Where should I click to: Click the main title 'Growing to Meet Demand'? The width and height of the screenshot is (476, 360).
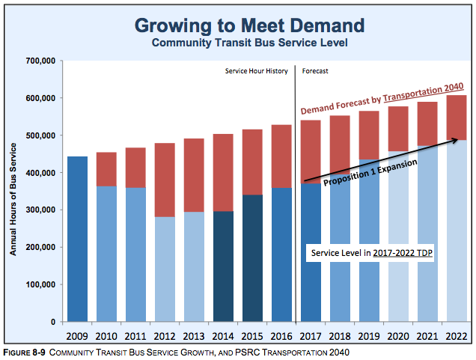[x=249, y=25]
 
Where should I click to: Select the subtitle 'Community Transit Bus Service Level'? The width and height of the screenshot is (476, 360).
[x=249, y=43]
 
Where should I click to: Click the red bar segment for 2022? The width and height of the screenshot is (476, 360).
[x=457, y=118]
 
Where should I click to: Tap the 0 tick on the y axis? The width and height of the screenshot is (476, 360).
[x=54, y=322]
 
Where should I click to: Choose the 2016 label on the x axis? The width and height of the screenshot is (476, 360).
[x=281, y=336]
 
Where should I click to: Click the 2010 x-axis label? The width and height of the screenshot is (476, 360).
[x=106, y=336]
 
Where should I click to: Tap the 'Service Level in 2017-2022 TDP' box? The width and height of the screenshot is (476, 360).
[x=373, y=254]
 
